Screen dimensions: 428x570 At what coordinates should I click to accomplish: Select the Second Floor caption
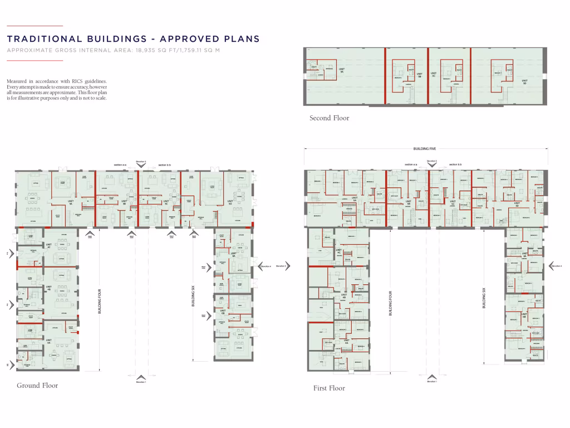pos(330,118)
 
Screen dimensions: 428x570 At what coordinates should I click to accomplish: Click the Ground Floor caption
pos(37,385)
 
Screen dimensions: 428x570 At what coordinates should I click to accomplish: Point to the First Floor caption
pos(329,388)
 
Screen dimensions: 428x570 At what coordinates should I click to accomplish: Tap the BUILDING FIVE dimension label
pos(424,149)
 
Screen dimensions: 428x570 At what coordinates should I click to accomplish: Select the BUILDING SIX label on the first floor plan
pos(484,298)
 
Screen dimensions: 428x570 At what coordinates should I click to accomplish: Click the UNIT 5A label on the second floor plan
pos(342,70)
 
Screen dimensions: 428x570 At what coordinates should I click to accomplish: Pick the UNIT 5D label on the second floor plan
pos(524,81)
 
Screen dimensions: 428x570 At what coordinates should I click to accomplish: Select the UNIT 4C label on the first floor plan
pos(338,251)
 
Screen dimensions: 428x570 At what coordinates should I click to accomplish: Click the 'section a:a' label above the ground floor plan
pos(121,165)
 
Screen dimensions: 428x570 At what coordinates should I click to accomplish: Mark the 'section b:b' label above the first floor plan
pos(455,165)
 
